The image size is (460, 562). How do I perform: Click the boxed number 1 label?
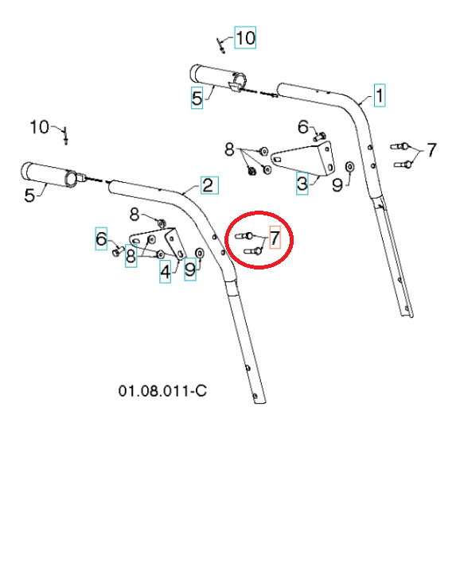380,96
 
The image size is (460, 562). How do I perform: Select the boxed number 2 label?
206,186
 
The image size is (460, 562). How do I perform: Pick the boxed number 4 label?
165,272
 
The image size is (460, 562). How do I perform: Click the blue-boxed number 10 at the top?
244,37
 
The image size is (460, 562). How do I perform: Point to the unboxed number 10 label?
40,126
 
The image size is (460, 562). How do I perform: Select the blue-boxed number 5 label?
197,99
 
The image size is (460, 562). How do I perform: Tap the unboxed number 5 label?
29,193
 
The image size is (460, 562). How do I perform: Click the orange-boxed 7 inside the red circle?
275,238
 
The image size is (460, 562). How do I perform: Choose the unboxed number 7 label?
431,150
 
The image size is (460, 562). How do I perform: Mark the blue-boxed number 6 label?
101,238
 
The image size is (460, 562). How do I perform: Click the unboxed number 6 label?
302,127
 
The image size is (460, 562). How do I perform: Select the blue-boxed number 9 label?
189,271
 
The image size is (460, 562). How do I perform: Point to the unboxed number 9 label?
337,185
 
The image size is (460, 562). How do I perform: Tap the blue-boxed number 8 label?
131,258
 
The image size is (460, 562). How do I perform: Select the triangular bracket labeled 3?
307,157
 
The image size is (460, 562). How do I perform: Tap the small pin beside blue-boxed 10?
222,44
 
